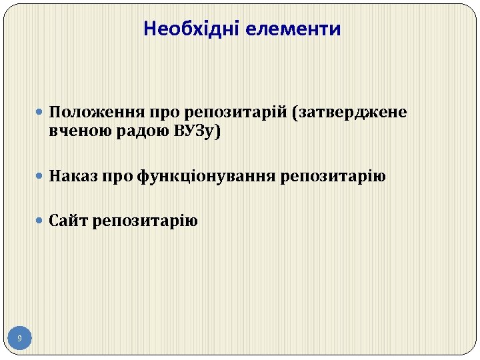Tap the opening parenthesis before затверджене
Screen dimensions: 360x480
(x=295, y=112)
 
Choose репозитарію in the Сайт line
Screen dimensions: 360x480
(x=145, y=220)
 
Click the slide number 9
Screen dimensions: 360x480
(x=19, y=339)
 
